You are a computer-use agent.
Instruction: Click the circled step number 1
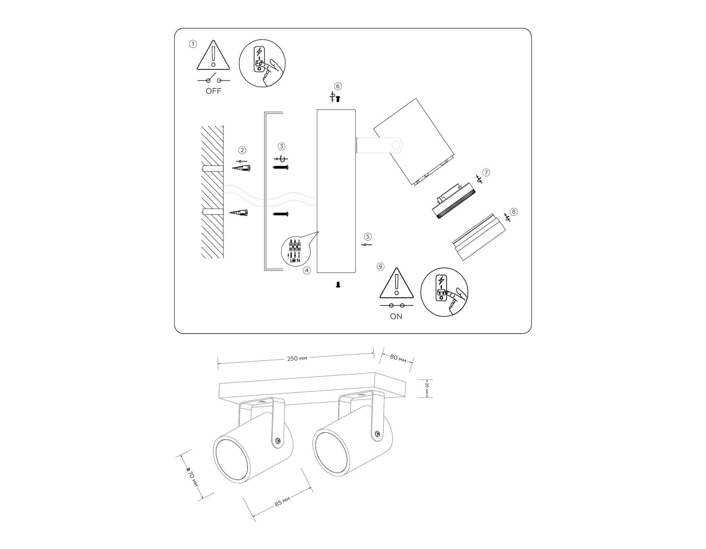tap(193, 44)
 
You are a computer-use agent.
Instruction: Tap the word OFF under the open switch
tap(213, 91)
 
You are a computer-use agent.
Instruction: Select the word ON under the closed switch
tap(396, 316)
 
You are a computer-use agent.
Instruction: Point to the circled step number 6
tap(338, 86)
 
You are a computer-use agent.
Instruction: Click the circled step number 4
tap(307, 271)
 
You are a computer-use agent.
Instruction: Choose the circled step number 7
tap(486, 173)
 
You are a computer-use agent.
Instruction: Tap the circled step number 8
tap(513, 212)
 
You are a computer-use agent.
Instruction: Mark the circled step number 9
tap(380, 267)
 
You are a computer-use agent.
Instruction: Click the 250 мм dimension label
tap(297, 358)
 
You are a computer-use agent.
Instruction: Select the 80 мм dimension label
tap(398, 358)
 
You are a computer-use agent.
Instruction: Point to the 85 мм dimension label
tap(282, 501)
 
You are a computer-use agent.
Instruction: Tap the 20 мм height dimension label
tap(427, 388)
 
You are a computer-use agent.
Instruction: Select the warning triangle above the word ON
tap(397, 283)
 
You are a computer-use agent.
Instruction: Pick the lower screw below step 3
tap(280, 214)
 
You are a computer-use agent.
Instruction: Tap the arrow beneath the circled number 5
tap(366, 245)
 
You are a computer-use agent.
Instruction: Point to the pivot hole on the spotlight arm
tap(396, 145)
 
